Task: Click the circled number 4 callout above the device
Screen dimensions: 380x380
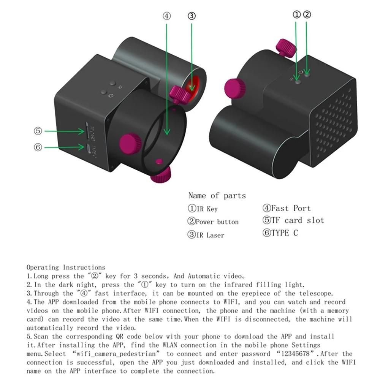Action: [x=167, y=16]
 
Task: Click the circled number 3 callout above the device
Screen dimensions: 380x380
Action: [x=192, y=16]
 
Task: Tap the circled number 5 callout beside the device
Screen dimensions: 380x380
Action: [x=38, y=131]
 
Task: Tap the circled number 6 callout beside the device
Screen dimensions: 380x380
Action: [x=38, y=147]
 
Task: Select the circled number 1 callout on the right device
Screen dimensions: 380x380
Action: [x=297, y=15]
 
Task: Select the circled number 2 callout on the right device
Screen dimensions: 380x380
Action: [x=307, y=15]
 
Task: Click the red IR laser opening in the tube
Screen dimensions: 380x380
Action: [x=193, y=84]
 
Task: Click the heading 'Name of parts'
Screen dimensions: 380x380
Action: [x=217, y=196]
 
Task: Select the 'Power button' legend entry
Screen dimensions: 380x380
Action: [x=213, y=222]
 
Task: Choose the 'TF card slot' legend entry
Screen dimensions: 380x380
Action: [x=293, y=220]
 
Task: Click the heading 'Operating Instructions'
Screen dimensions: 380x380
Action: [x=66, y=268]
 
